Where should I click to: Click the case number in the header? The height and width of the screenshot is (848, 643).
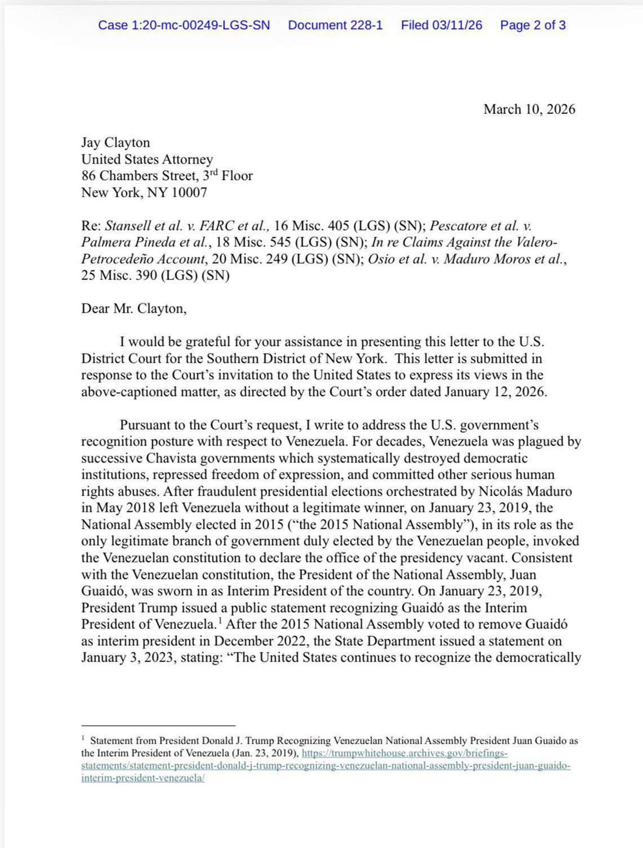point(183,25)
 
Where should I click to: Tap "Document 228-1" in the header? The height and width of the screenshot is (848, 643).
point(335,25)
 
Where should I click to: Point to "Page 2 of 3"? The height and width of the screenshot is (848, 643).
point(532,25)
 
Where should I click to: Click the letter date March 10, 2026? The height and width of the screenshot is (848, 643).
point(529,109)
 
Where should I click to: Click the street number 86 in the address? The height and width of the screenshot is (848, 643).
point(88,176)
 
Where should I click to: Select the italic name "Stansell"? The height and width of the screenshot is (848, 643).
point(125,226)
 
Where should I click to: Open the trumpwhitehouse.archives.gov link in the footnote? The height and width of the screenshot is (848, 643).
point(404,753)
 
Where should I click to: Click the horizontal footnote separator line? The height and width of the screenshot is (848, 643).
point(158,725)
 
